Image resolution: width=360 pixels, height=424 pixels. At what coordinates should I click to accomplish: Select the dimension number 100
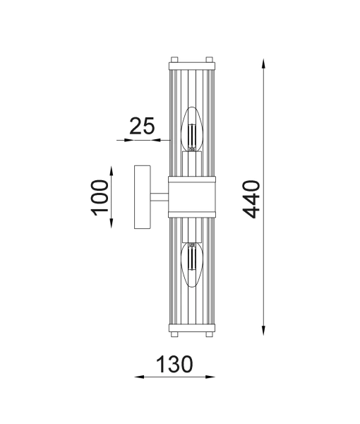[100, 197]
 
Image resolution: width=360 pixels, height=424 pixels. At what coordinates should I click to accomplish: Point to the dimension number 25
[142, 127]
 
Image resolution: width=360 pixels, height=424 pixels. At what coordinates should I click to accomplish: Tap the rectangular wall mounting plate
[142, 197]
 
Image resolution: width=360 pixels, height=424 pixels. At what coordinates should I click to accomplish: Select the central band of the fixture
[191, 197]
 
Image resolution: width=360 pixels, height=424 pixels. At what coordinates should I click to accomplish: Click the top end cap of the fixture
[191, 66]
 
